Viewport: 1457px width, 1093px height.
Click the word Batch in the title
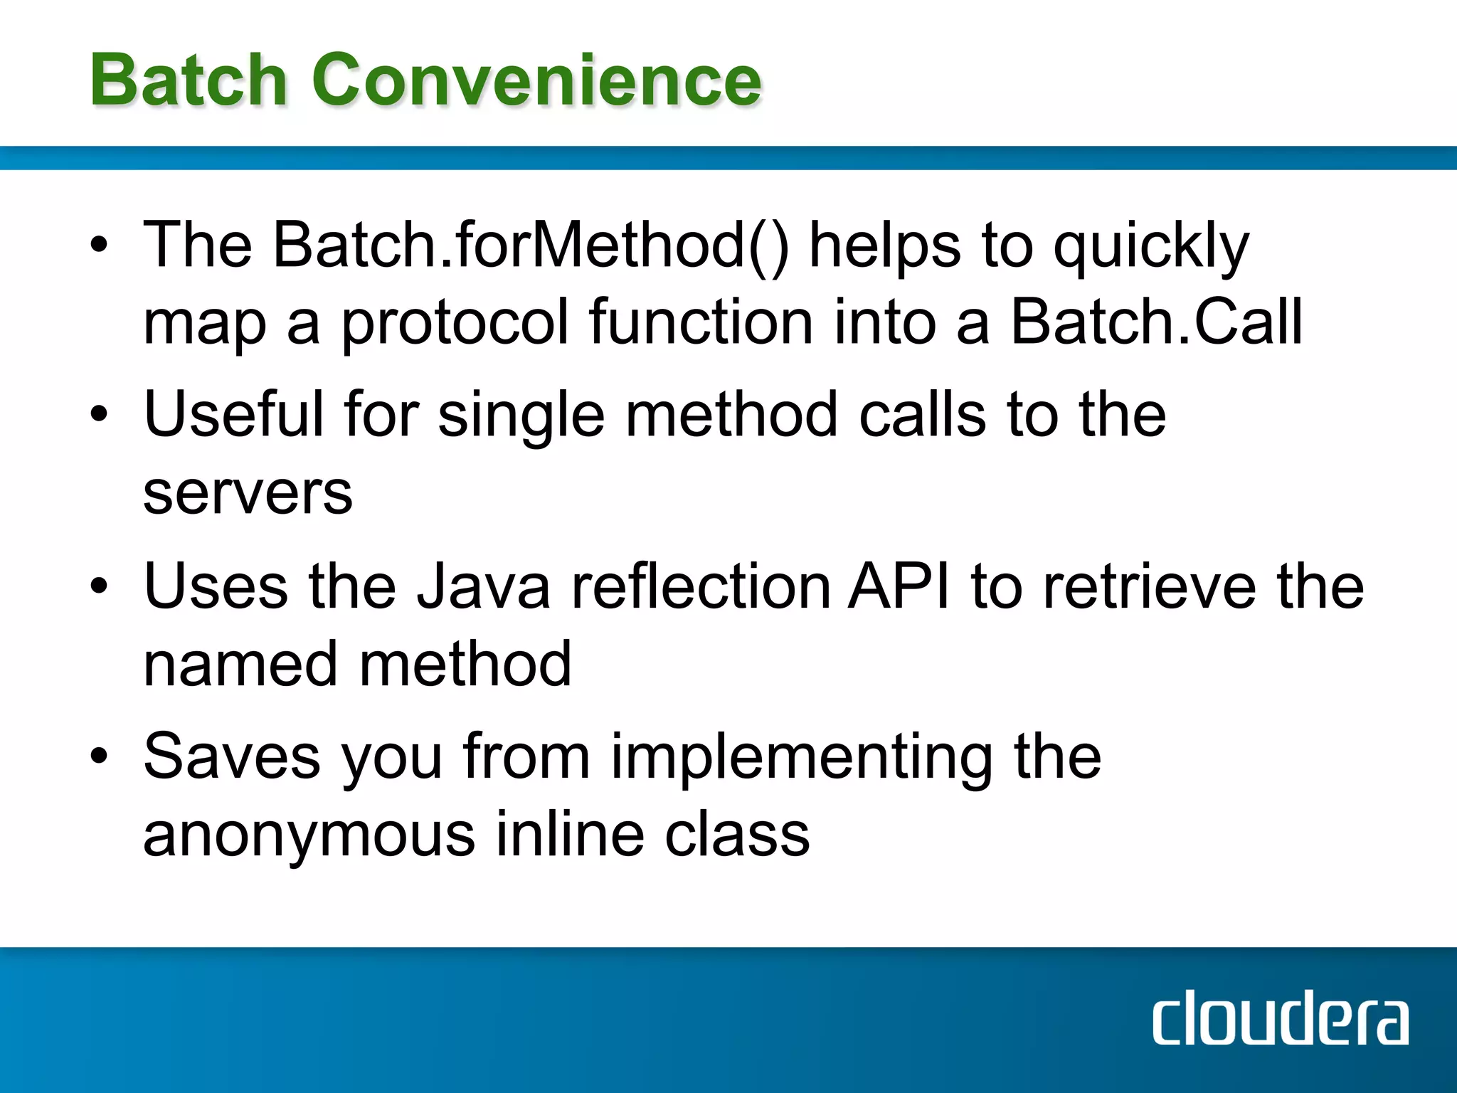tap(188, 80)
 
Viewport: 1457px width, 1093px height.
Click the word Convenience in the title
tap(536, 80)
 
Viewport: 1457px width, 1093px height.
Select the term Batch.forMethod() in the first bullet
tap(531, 245)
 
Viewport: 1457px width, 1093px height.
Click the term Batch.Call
tap(1157, 322)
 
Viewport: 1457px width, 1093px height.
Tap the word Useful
tap(233, 414)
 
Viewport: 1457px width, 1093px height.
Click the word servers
tap(248, 493)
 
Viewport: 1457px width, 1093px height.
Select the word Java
tap(483, 586)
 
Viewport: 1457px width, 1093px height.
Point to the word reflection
tap(701, 586)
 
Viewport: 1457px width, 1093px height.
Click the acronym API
tap(899, 586)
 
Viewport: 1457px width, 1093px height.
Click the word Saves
tap(232, 756)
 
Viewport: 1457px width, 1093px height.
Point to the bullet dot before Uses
tap(99, 586)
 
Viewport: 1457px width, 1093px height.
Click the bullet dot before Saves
tap(99, 756)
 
